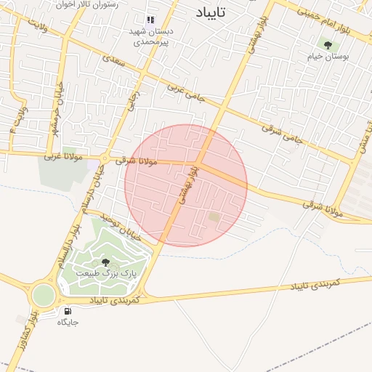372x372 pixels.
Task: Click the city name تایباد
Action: click(211, 12)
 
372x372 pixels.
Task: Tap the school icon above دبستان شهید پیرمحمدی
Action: click(150, 20)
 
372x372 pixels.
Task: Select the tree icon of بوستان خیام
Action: click(328, 45)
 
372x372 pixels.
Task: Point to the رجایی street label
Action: click(132, 100)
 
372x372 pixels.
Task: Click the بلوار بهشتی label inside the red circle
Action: click(190, 186)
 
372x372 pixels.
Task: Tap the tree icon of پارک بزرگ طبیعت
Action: click(105, 262)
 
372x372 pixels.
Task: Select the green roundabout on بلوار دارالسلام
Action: click(42, 294)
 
